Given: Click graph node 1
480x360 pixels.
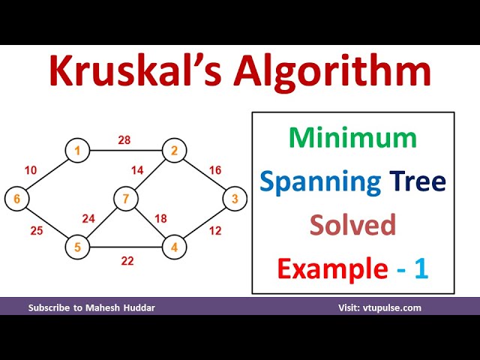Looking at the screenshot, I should (x=76, y=151).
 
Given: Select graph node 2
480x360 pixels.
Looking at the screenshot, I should (x=174, y=151).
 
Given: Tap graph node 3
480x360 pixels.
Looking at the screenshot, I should (x=235, y=199).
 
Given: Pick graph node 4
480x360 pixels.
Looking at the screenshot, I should (x=174, y=246).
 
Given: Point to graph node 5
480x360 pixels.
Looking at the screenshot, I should (x=76, y=246).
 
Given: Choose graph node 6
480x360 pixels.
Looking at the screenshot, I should (x=16, y=199).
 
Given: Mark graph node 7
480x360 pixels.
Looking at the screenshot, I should (x=125, y=199).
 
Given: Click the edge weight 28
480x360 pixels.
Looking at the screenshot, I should (x=124, y=139).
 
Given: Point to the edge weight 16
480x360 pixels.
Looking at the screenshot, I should (x=215, y=170).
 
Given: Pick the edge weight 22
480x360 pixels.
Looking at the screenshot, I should (x=127, y=260).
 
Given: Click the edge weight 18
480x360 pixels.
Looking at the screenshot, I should (x=160, y=218).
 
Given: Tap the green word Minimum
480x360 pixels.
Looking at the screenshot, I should (x=352, y=137).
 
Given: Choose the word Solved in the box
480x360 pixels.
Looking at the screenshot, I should (x=352, y=224).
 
